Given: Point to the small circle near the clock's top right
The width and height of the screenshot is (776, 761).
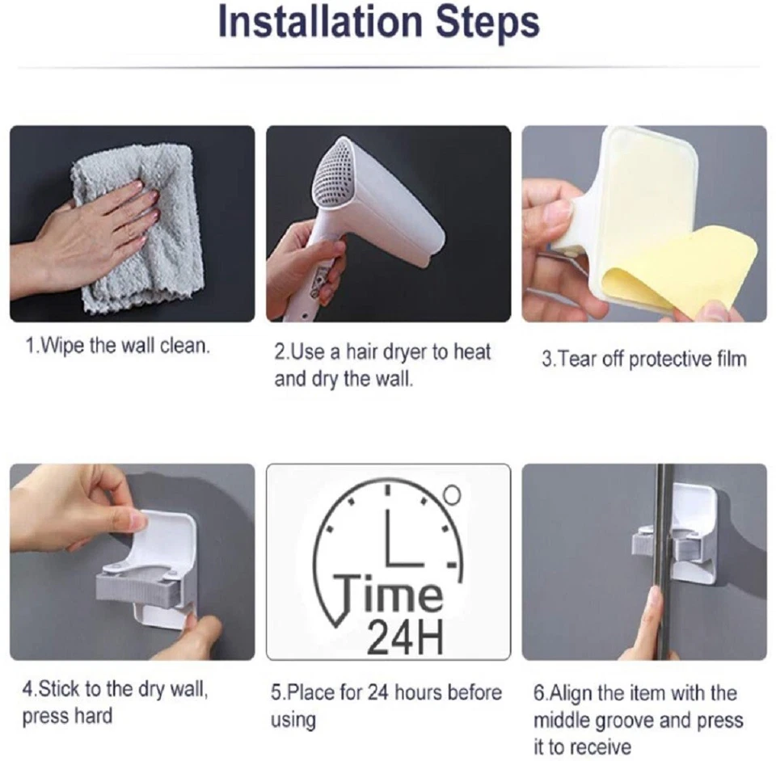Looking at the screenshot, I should (x=453, y=492).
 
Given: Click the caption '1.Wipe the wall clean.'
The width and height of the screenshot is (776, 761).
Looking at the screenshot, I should (x=118, y=347).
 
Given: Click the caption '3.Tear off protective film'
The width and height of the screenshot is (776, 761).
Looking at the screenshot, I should (x=643, y=359).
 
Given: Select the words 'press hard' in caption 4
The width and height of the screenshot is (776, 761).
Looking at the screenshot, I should (x=67, y=717).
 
